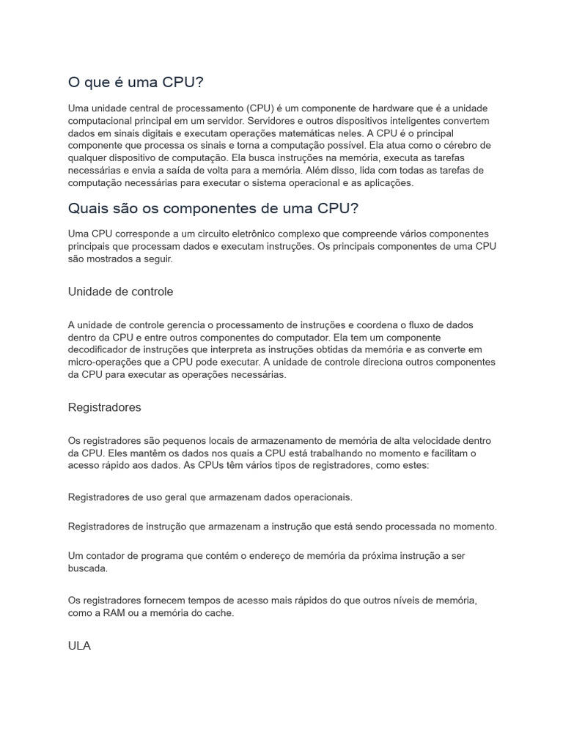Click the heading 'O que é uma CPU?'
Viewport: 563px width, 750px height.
[135, 81]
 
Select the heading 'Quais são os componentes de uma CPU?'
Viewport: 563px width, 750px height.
[213, 208]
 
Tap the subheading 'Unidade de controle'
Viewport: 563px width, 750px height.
[120, 292]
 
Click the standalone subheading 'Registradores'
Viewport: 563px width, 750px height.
[104, 407]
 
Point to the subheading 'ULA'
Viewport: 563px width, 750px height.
[79, 647]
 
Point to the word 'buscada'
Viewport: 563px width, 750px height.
[88, 568]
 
